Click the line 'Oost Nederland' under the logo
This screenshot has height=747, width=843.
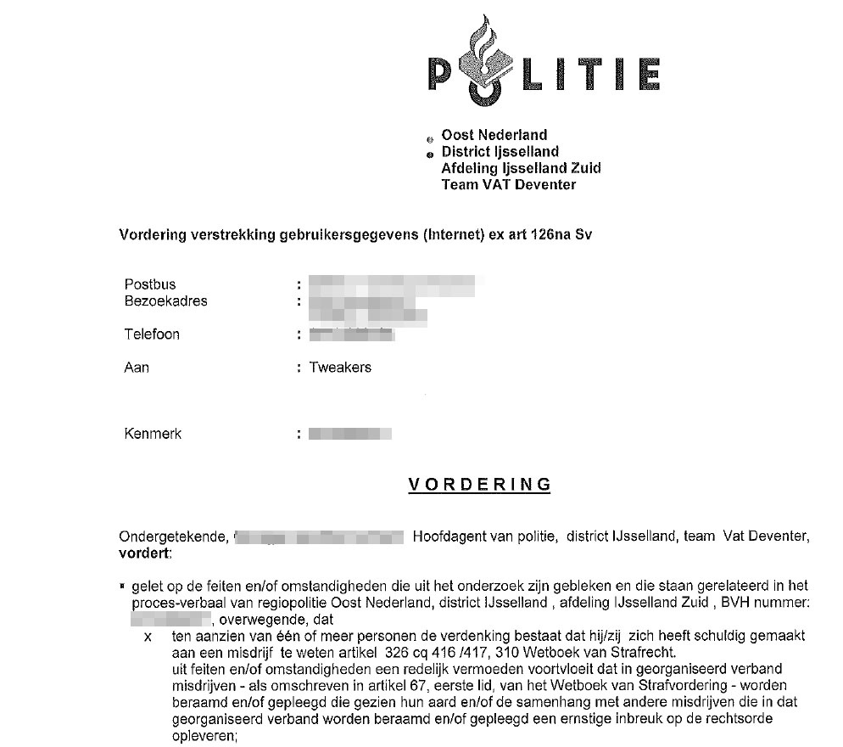pyautogui.click(x=494, y=135)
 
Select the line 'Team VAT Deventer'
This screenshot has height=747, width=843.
pyautogui.click(x=508, y=184)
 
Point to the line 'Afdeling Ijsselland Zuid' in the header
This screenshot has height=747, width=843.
pyautogui.click(x=521, y=168)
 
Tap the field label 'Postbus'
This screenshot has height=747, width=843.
pyautogui.click(x=150, y=284)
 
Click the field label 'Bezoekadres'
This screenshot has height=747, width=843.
pyautogui.click(x=165, y=300)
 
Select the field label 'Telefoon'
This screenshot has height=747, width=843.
pyautogui.click(x=152, y=334)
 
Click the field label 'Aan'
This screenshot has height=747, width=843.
pyautogui.click(x=137, y=368)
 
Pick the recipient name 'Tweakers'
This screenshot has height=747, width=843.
pyautogui.click(x=340, y=368)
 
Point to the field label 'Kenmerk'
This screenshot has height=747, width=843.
pyautogui.click(x=153, y=434)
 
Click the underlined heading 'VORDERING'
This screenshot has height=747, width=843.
pyautogui.click(x=480, y=485)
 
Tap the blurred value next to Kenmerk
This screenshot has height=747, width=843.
pyautogui.click(x=350, y=435)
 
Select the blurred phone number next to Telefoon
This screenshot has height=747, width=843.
pyautogui.click(x=352, y=334)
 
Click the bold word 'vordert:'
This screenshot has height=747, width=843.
pyautogui.click(x=145, y=553)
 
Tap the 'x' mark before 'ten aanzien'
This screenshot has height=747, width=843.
pyautogui.click(x=149, y=637)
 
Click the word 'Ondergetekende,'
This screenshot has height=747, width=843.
pyautogui.click(x=173, y=536)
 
